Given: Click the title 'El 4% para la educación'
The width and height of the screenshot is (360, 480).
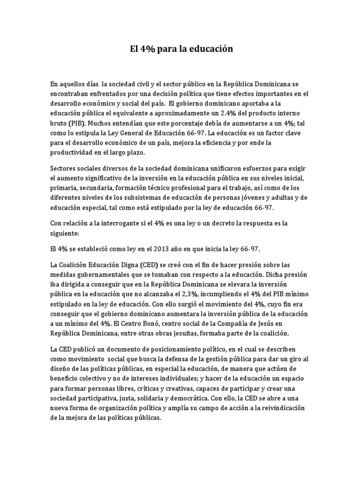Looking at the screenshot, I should pos(181,49).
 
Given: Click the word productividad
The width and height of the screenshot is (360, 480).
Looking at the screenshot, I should pos(73,153).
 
